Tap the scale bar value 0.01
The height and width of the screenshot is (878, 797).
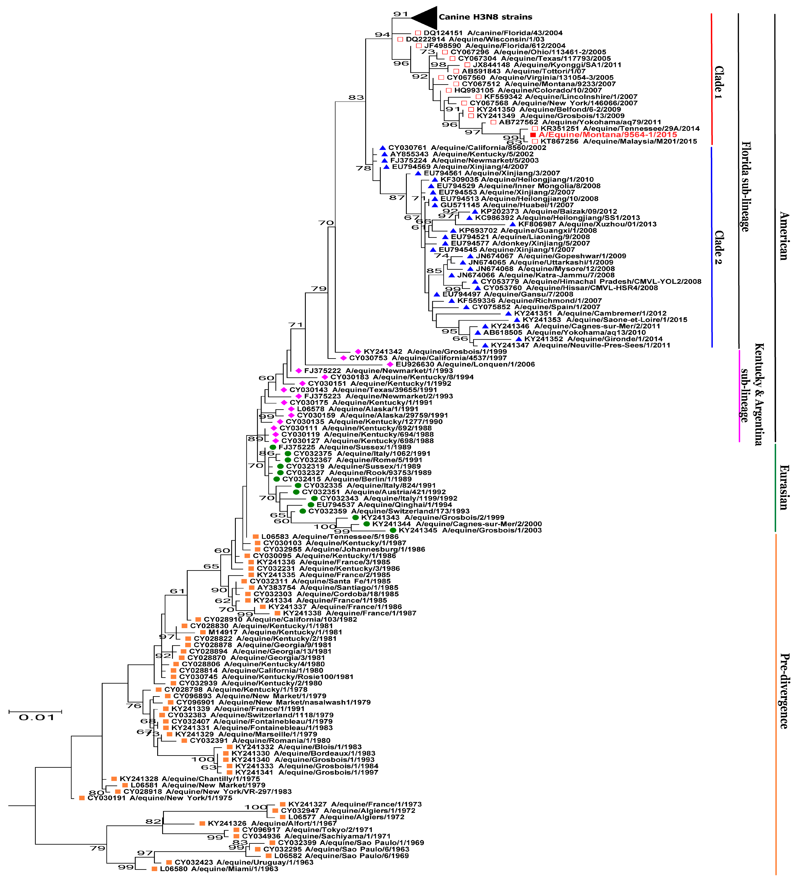(x=37, y=717)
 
